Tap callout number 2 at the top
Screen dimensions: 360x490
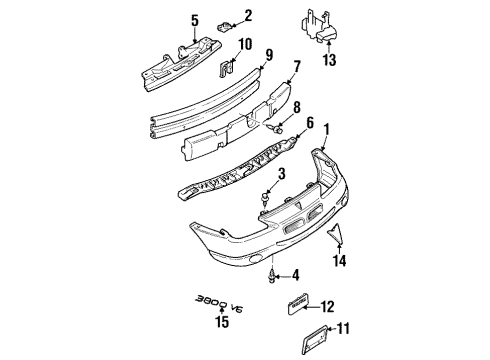point(249,15)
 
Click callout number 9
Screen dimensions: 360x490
point(269,56)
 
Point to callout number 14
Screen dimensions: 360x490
point(341,261)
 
